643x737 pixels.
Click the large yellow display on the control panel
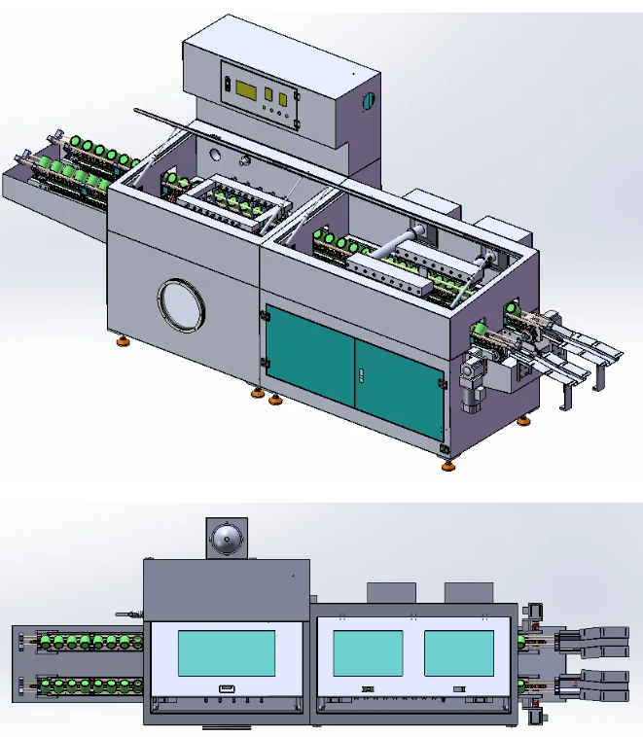tap(243, 90)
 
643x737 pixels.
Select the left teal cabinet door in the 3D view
tap(309, 356)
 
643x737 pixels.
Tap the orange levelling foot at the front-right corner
tap(447, 466)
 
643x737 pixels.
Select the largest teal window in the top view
tap(226, 653)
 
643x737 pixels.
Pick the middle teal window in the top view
tap(367, 653)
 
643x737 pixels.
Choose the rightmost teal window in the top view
tap(458, 653)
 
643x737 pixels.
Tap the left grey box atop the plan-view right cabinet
tap(390, 592)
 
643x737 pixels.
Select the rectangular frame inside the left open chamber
tap(233, 201)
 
